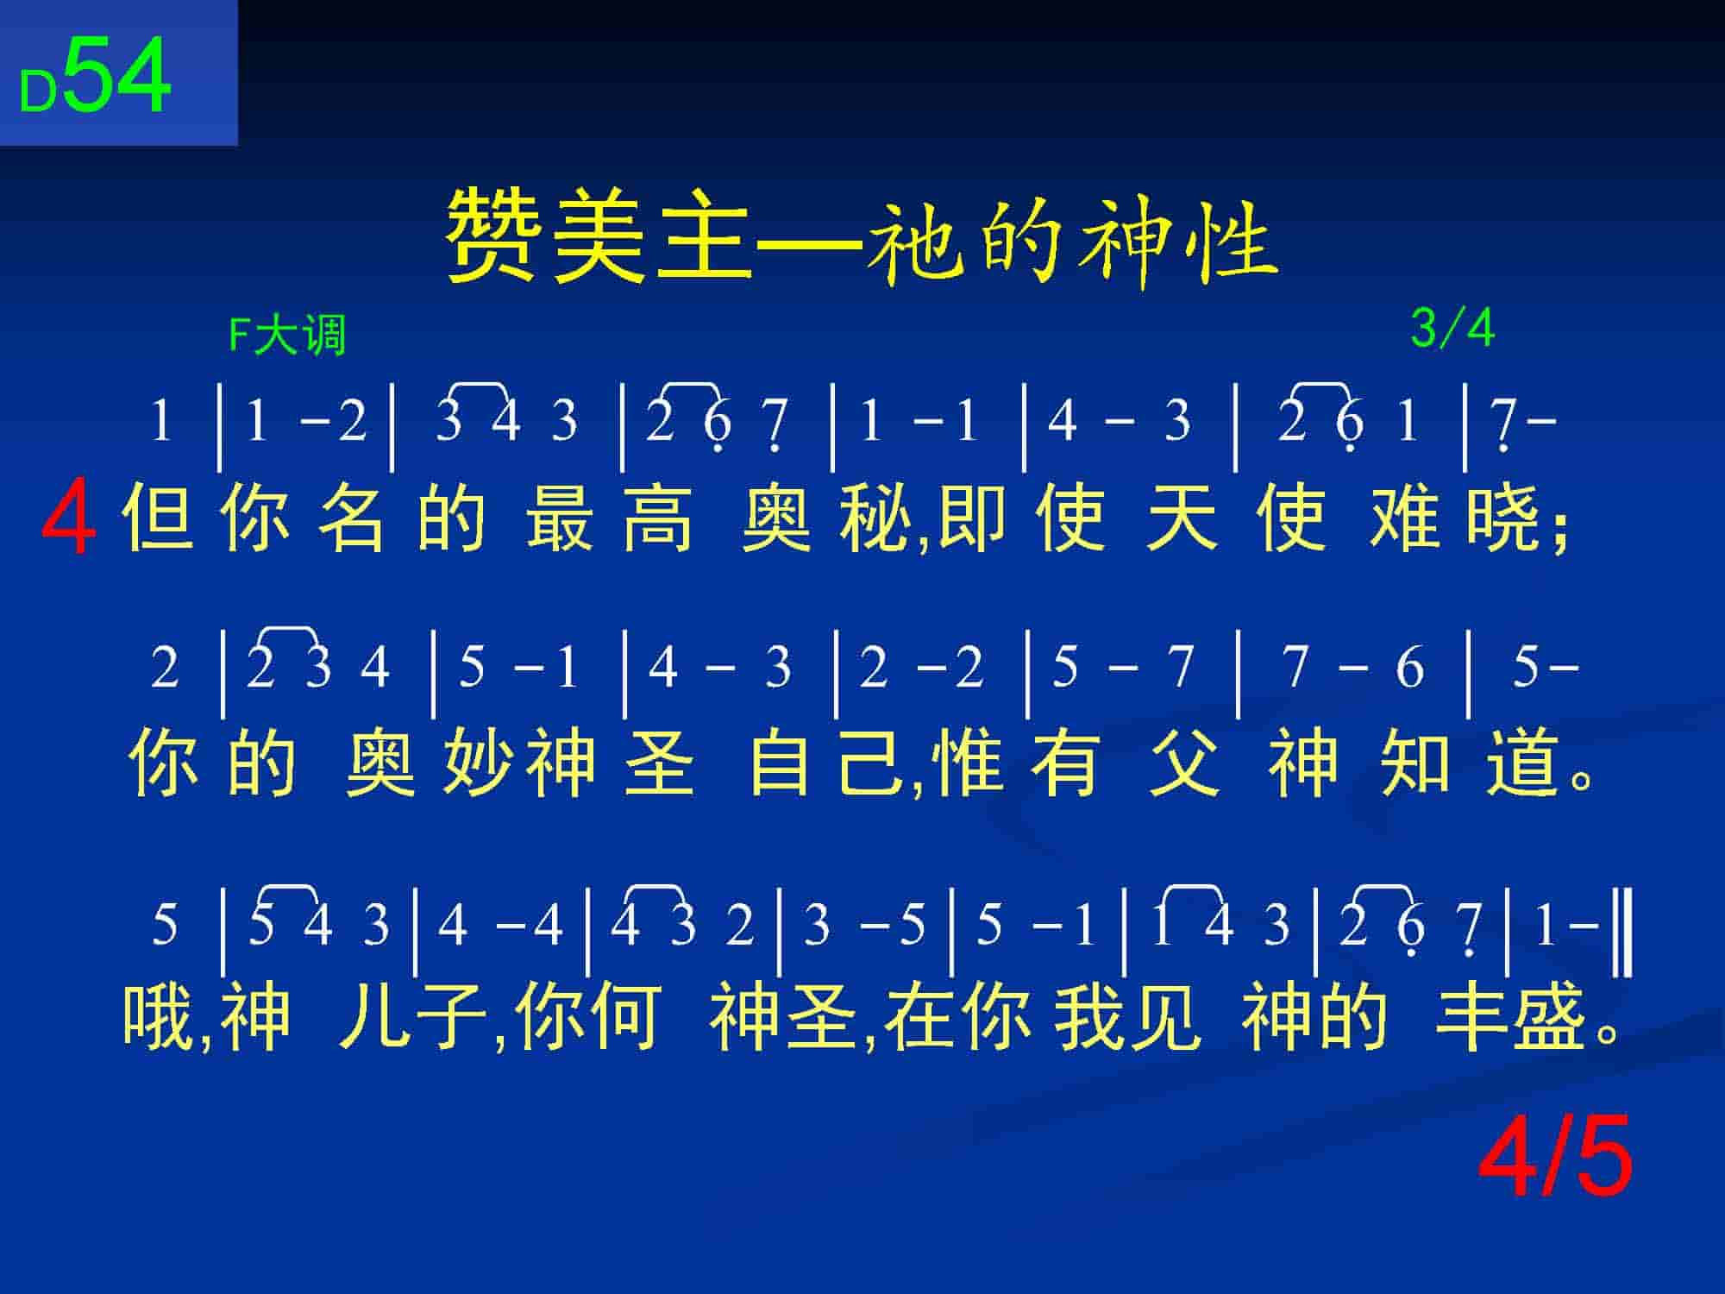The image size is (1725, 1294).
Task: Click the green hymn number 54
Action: click(117, 76)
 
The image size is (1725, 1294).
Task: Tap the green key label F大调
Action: click(287, 336)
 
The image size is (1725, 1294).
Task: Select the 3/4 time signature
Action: click(1452, 329)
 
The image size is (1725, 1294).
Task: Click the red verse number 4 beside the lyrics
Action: click(68, 520)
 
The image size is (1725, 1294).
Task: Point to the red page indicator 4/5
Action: click(1555, 1155)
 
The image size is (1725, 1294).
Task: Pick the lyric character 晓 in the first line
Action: click(1502, 518)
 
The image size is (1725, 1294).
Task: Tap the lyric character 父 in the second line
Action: click(1184, 763)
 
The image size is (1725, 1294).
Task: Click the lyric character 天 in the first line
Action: click(1181, 518)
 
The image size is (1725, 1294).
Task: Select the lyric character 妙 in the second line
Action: click(477, 763)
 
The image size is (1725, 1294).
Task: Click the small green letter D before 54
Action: click(38, 91)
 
